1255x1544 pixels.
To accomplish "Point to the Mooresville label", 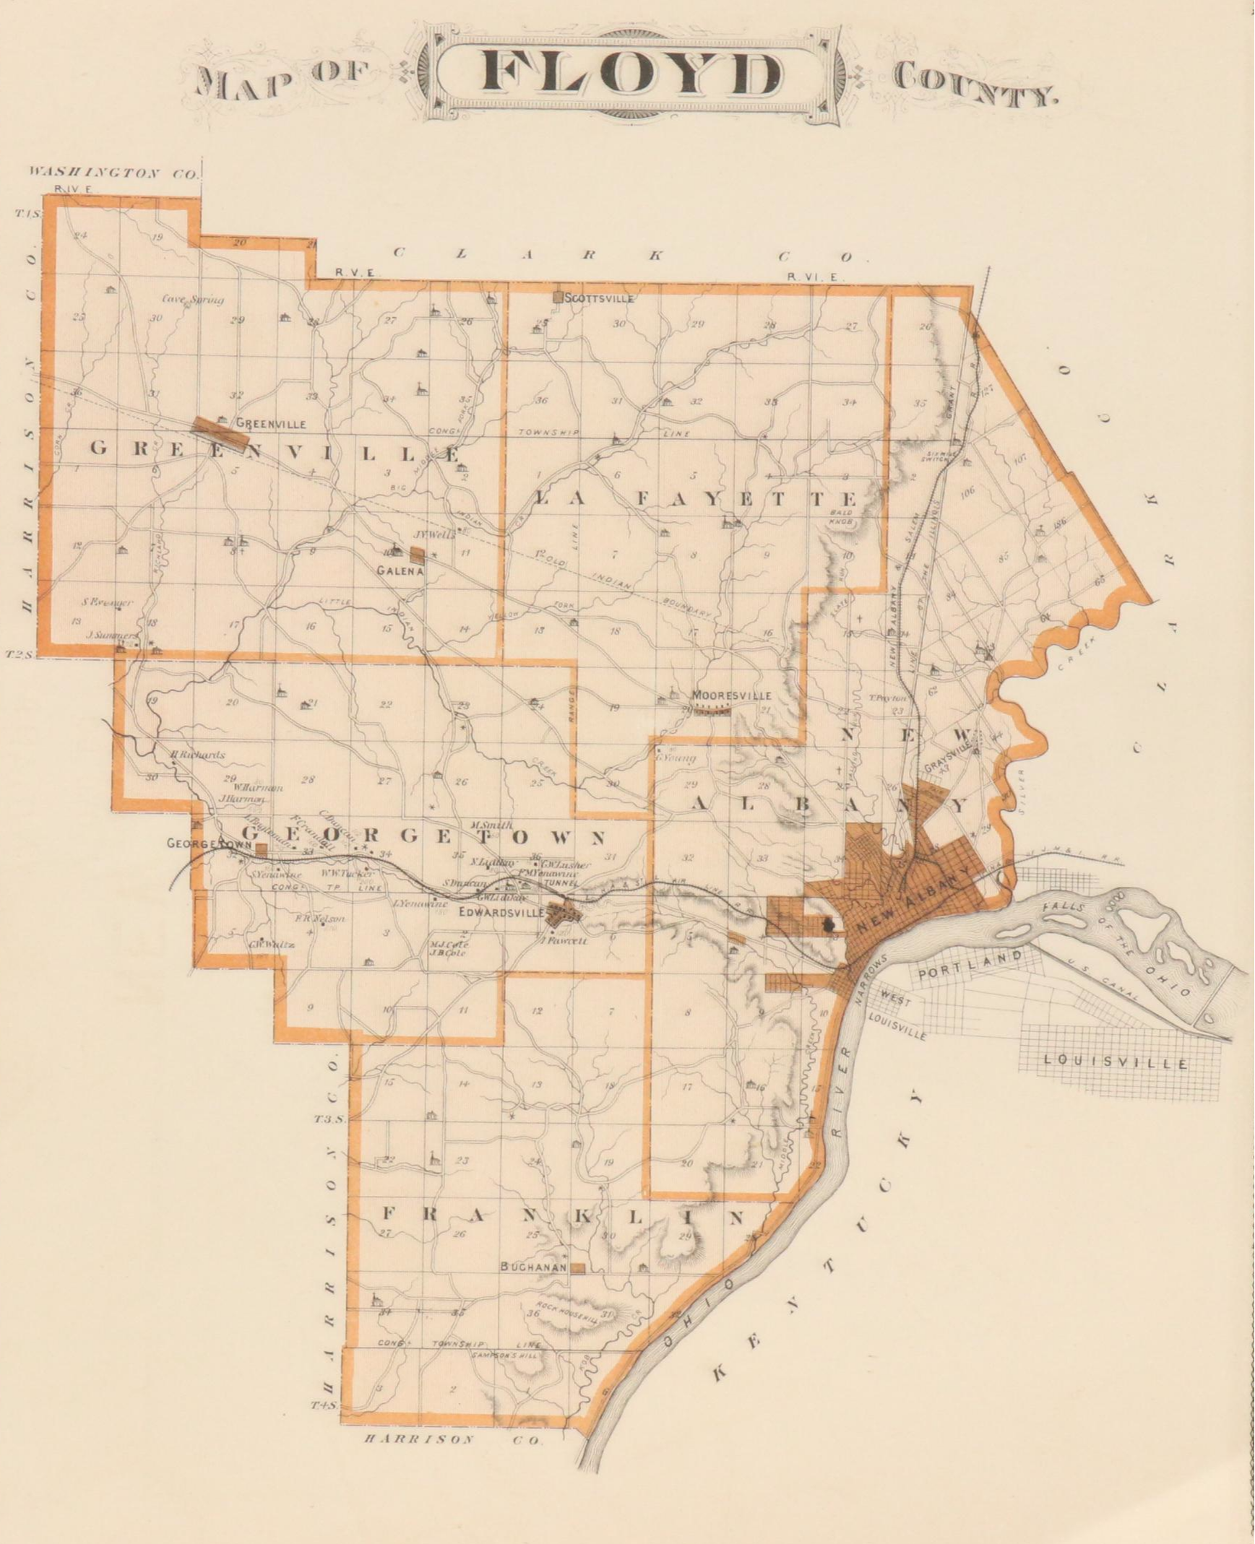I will [x=733, y=695].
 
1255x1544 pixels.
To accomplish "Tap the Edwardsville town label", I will [x=501, y=913].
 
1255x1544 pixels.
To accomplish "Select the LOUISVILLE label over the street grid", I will [x=1115, y=1063].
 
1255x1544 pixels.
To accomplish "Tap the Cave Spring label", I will [x=192, y=299].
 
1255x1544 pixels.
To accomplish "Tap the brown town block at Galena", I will [x=417, y=555].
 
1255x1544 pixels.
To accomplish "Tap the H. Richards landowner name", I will [x=197, y=755].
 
